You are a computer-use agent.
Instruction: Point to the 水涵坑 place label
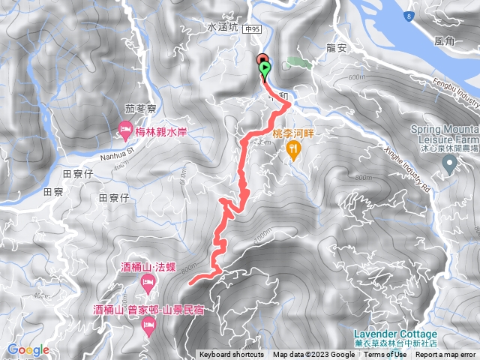point(222,28)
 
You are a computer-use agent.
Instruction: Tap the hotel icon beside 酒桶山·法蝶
point(147,283)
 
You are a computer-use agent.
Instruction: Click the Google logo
point(28,349)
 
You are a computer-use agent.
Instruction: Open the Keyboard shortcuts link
point(232,355)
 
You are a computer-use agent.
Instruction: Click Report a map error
point(446,355)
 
